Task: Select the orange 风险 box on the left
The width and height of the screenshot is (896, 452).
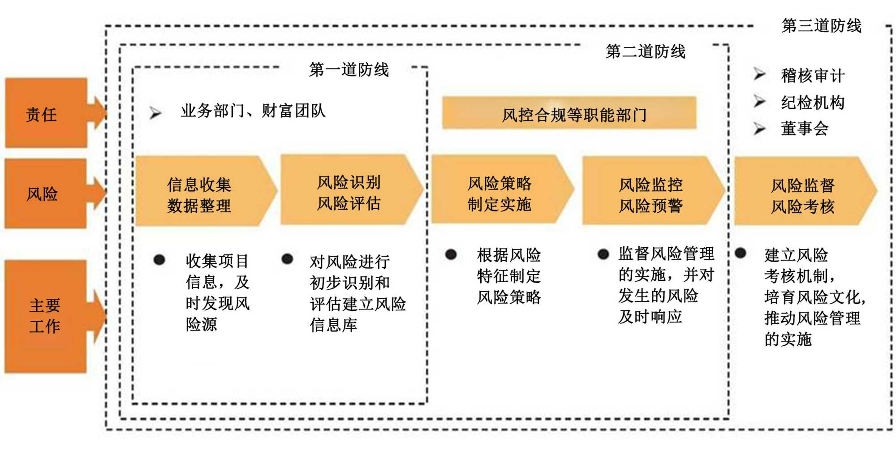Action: (x=45, y=194)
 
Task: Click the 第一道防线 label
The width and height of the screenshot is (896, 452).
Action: (x=349, y=70)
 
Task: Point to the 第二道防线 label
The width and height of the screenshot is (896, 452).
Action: (x=645, y=52)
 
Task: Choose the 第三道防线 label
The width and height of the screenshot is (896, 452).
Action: (x=821, y=26)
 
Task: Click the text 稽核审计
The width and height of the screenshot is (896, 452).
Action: (x=813, y=76)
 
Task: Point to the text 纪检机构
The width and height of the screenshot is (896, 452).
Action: (x=813, y=103)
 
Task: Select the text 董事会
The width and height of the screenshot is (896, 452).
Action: (x=805, y=129)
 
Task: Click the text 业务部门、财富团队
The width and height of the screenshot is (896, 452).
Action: (x=253, y=110)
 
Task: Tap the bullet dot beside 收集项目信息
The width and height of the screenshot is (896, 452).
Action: (x=159, y=260)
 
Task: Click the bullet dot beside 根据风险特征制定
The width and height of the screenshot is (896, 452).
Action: (x=451, y=254)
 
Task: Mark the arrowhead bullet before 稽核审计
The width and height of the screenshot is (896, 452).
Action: (x=759, y=74)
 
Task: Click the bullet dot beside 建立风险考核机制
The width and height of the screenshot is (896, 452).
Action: (x=741, y=253)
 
